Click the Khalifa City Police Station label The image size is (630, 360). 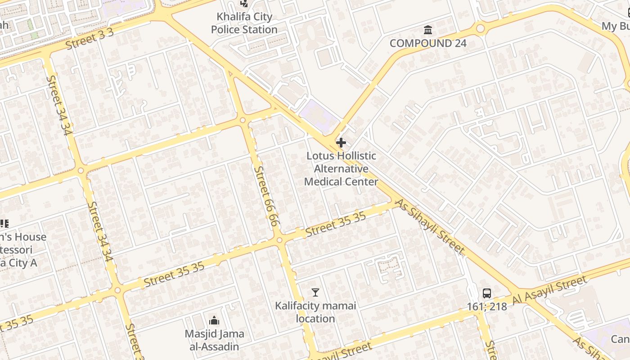tap(244, 23)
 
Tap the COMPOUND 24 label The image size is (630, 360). tap(428, 43)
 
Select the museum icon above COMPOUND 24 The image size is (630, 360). tap(428, 30)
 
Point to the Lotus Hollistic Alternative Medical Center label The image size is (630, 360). tap(341, 169)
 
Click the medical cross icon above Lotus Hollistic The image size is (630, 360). tap(341, 143)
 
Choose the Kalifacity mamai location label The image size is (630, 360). tap(315, 312)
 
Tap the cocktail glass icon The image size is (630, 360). tap(315, 293)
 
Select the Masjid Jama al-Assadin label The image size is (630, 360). tap(215, 340)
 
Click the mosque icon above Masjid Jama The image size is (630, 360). tap(214, 320)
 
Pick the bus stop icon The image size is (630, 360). tap(487, 293)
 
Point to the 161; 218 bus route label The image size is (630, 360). tap(487, 307)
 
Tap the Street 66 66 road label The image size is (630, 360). tap(267, 196)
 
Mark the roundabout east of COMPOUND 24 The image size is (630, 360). tap(480, 29)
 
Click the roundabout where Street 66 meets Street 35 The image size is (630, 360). tap(280, 240)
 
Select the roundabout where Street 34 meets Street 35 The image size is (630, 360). tap(117, 290)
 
